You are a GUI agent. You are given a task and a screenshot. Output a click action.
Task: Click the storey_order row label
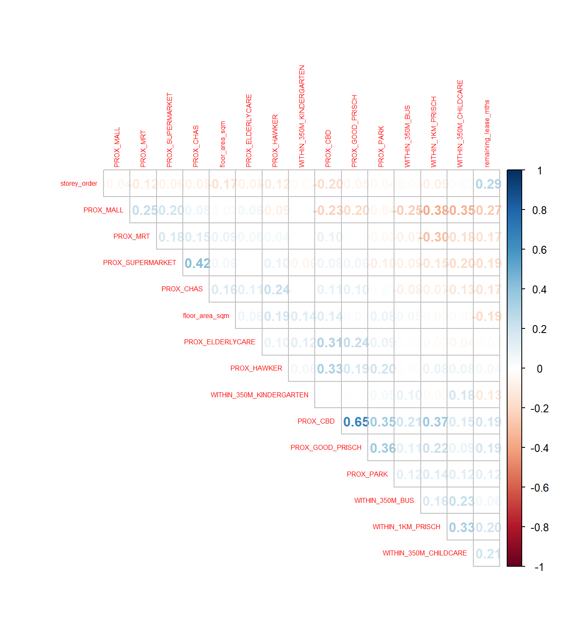click(78, 184)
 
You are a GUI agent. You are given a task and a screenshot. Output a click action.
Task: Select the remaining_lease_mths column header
click(487, 134)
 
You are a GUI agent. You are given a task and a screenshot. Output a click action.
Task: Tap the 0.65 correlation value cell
click(355, 422)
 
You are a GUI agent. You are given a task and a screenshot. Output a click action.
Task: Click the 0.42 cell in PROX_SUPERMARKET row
click(197, 263)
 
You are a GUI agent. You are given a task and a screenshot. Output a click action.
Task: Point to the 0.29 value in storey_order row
click(487, 184)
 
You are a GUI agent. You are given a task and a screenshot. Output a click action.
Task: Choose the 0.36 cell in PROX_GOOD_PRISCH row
click(382, 448)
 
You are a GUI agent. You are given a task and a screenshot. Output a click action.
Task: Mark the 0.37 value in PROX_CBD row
click(435, 422)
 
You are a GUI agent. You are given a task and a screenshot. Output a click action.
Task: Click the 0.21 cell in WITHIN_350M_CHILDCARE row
click(487, 554)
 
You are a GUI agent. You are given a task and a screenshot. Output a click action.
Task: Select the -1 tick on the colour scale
click(539, 567)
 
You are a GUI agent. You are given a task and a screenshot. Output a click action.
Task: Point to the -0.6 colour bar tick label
click(539, 488)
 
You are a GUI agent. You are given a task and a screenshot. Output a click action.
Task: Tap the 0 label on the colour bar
click(539, 369)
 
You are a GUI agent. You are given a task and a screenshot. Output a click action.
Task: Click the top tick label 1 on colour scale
click(540, 171)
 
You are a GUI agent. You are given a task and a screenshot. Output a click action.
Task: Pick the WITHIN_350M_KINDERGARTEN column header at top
click(302, 116)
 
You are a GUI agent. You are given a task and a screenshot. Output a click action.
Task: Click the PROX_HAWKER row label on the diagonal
click(256, 368)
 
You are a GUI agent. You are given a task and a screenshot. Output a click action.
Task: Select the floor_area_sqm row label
click(206, 315)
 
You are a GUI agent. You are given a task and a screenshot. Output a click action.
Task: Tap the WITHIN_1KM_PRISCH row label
click(406, 527)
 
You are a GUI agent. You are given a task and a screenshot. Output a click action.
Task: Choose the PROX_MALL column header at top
click(117, 147)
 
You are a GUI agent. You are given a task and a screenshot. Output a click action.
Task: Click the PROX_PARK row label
click(367, 474)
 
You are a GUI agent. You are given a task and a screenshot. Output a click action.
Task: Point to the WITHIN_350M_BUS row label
click(384, 500)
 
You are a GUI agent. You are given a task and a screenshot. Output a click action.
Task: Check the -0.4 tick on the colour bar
click(539, 448)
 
